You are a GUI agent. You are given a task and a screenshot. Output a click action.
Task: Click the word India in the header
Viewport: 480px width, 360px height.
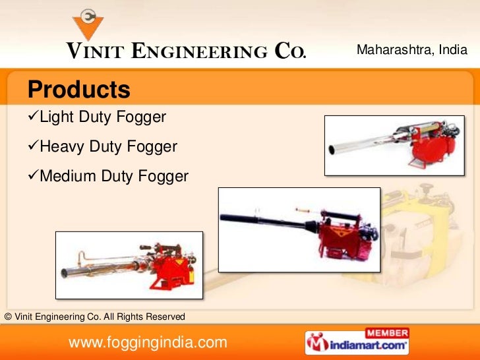(454, 50)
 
